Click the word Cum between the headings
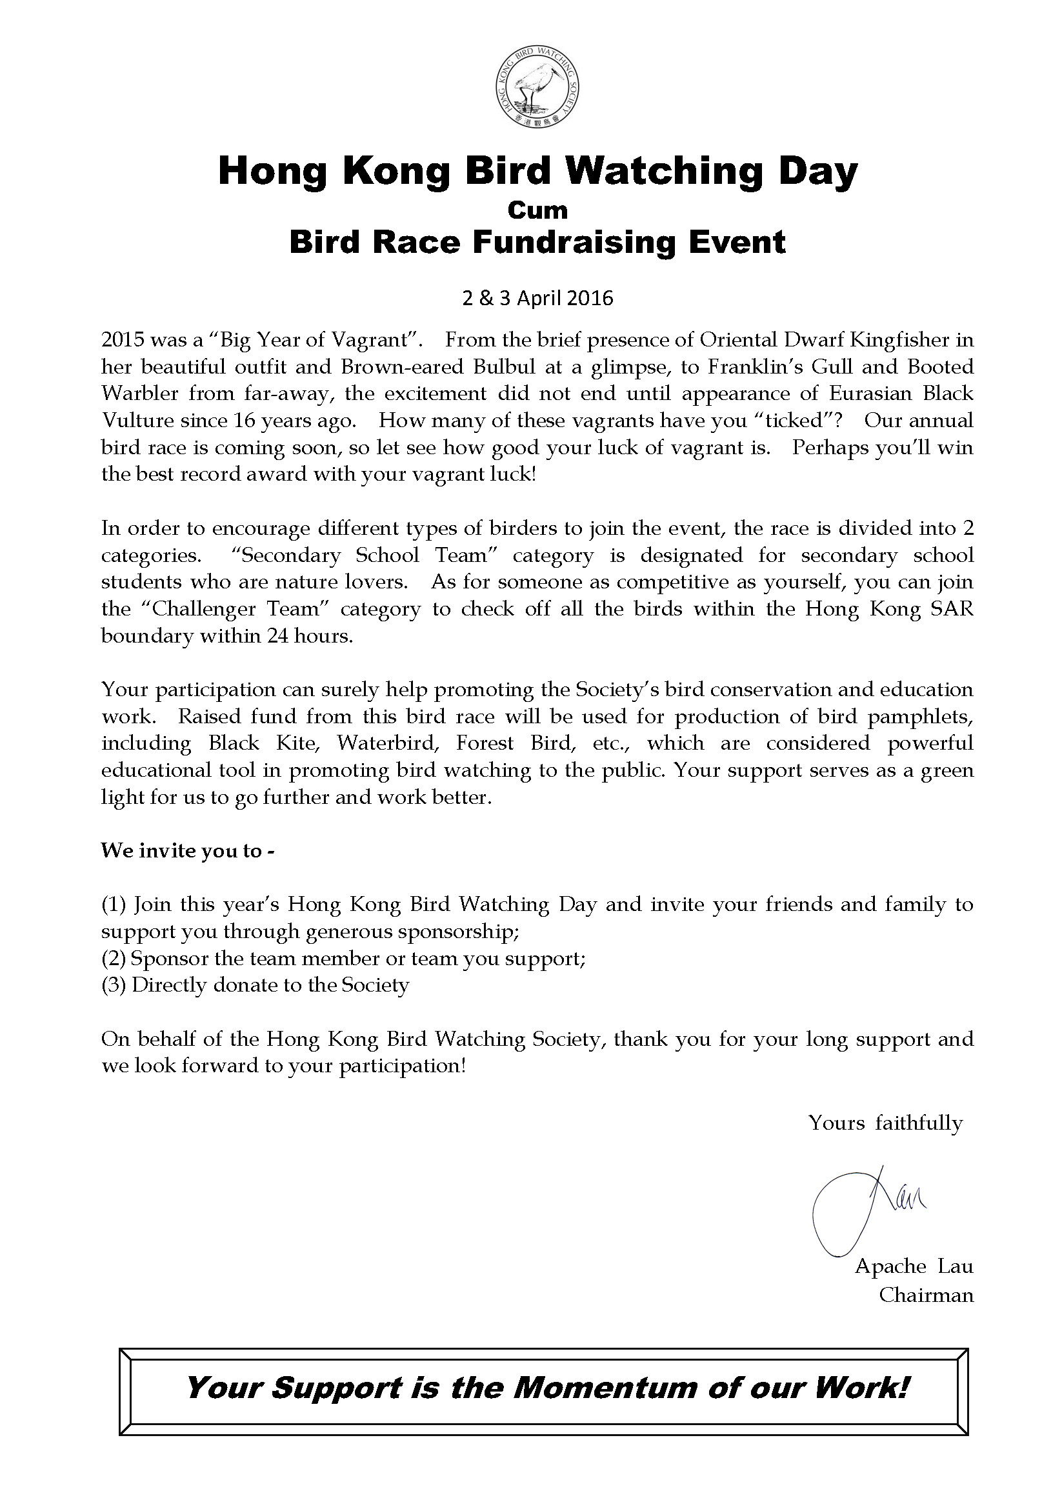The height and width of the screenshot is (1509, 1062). [537, 210]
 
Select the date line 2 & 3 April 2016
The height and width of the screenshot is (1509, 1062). [537, 299]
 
